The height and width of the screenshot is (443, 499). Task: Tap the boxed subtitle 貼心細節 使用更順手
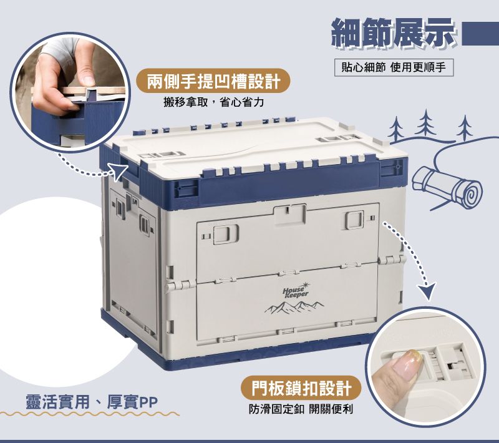pos(394,67)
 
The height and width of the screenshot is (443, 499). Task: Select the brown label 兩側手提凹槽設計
pos(213,81)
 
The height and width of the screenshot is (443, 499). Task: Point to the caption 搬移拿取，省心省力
pos(213,102)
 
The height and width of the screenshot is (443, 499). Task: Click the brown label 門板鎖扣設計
pos(301,388)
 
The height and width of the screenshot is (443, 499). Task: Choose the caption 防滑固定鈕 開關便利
pos(301,409)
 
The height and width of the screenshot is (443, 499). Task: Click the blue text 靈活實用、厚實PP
pos(91,402)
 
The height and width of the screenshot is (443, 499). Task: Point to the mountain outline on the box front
pos(294,307)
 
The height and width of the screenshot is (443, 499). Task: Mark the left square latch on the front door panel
pos(226,234)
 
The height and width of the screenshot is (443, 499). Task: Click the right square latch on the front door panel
pos(354,220)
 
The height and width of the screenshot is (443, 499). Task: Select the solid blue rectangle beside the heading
pos(480,34)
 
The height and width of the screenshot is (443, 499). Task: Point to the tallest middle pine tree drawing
pos(426,122)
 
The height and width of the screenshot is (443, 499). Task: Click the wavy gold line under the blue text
pos(90,414)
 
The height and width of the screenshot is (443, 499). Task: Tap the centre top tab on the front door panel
pos(290,215)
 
